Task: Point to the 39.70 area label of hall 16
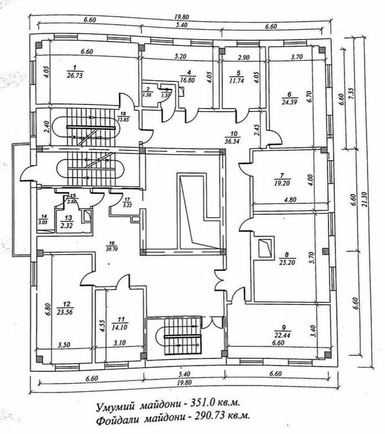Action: [112, 247]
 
